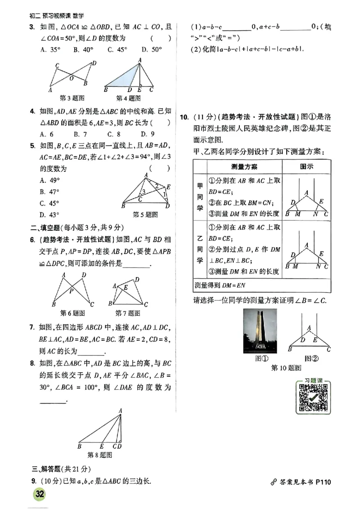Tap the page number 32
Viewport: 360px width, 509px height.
40,494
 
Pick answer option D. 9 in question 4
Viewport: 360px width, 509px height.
148,134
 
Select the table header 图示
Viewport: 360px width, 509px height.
306,166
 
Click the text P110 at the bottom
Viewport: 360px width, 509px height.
323,482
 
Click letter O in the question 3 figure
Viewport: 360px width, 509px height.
71,77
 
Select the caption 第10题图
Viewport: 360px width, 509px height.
286,368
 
